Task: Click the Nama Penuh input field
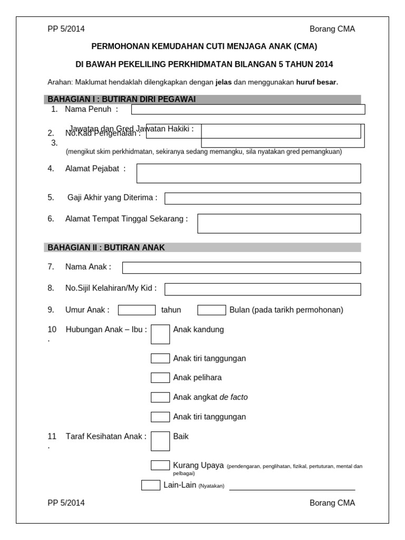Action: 248,109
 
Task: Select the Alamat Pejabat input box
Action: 248,173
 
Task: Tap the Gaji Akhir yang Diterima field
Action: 263,198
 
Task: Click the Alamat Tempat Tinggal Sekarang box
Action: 279,223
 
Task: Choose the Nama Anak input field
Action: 242,268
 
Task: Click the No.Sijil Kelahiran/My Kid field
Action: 263,289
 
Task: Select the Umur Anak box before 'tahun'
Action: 137,310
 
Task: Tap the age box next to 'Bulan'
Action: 211,310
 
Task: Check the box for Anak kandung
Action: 160,334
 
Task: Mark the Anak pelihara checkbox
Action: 160,378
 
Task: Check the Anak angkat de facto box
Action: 160,397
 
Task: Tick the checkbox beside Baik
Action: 160,441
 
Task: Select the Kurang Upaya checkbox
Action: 160,465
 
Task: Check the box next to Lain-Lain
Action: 151,485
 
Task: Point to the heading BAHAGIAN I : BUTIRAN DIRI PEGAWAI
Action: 122,99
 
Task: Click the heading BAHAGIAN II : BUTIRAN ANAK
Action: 107,247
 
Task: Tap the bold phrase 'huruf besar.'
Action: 317,82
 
